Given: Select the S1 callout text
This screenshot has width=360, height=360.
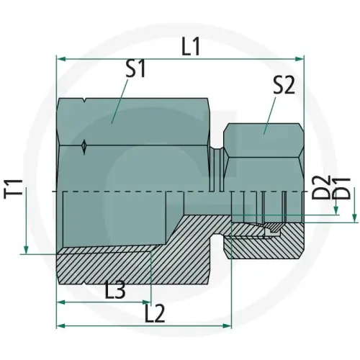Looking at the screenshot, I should coord(136,70).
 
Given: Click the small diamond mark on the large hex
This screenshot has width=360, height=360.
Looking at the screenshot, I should coord(85,147).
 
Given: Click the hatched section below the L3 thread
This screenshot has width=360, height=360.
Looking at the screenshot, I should coord(108,270).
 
